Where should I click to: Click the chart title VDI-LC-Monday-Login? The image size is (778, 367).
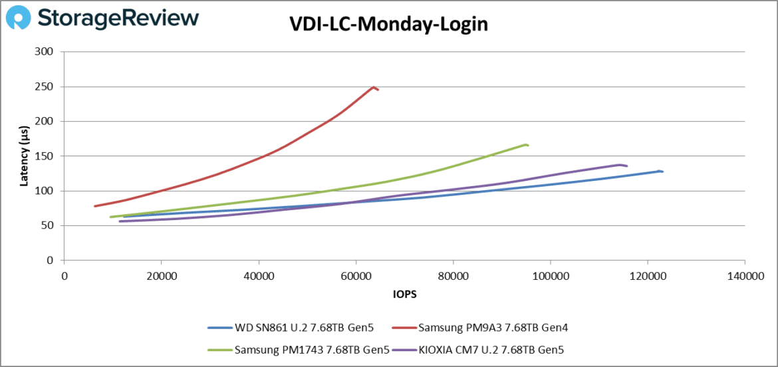point(388,24)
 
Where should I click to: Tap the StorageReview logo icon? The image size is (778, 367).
point(19,19)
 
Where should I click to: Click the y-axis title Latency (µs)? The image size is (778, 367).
point(24,156)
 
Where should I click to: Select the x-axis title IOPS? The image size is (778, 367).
point(404,293)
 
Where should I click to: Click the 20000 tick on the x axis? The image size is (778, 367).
point(161,275)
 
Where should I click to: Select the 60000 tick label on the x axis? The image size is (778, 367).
point(356,275)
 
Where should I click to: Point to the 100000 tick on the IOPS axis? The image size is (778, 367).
point(550,275)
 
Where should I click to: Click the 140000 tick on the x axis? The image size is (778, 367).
point(744,275)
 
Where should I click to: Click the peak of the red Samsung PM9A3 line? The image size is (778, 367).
point(374,87)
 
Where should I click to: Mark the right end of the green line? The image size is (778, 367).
point(528,145)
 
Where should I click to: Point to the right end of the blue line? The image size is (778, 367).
point(662,172)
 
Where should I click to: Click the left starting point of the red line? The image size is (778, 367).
point(95,206)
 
